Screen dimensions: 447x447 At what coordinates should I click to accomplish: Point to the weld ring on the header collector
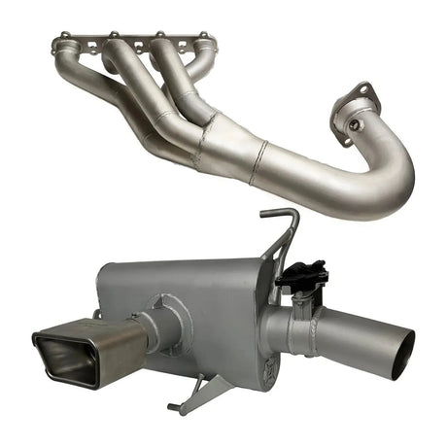257,161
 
